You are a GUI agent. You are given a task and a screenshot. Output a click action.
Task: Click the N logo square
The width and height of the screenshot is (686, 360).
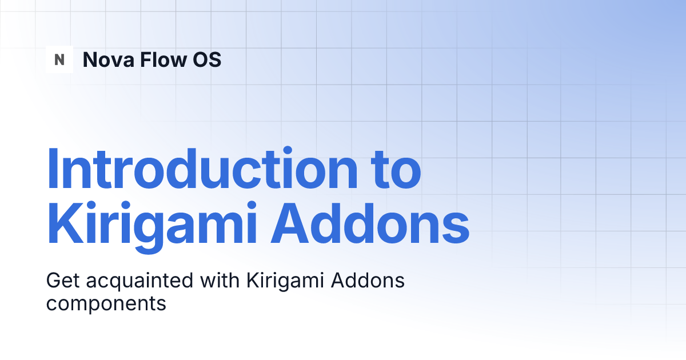(x=59, y=59)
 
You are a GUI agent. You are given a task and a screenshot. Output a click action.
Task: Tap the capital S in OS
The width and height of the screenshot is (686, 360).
(x=214, y=59)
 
